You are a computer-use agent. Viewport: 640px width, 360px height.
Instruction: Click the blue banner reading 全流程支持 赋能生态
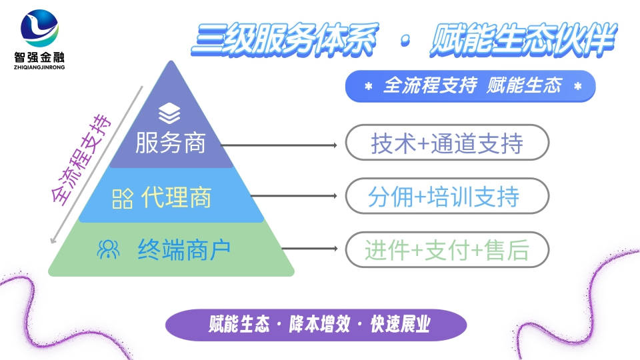click(x=470, y=86)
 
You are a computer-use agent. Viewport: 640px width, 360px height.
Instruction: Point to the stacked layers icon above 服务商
click(x=170, y=113)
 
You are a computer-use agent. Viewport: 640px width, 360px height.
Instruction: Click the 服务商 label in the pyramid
click(x=171, y=143)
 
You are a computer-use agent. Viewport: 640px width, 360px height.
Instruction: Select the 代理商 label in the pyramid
click(x=177, y=197)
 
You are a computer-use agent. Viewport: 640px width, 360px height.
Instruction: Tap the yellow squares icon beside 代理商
click(x=122, y=198)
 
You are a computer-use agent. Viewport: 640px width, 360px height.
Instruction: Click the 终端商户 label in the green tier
click(x=184, y=250)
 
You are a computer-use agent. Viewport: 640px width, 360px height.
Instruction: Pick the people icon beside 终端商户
click(x=108, y=250)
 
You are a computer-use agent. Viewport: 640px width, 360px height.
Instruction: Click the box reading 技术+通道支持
click(x=447, y=143)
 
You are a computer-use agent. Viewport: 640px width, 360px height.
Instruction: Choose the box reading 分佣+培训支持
click(x=447, y=197)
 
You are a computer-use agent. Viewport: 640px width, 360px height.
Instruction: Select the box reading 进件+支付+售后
click(x=447, y=251)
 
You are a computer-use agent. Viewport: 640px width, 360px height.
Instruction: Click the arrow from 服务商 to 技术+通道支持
click(x=280, y=144)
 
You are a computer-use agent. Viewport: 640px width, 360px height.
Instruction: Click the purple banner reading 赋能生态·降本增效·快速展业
click(x=315, y=325)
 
